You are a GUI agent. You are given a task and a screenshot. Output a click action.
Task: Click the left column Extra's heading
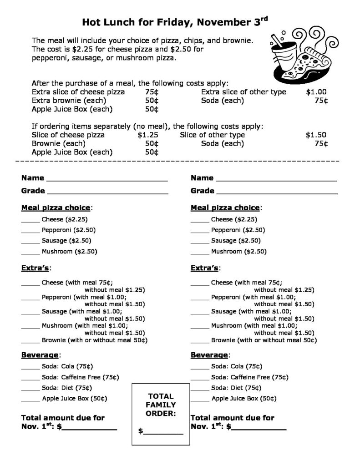tap(36, 268)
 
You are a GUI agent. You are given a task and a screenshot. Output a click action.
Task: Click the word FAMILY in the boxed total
tap(160, 405)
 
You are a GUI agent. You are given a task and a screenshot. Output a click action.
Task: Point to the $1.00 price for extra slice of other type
tap(316, 92)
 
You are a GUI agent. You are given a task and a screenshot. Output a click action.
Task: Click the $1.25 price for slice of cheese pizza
tap(148, 135)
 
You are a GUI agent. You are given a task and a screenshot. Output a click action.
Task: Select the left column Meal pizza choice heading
tap(56, 208)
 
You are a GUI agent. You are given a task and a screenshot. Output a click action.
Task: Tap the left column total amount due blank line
tap(89, 429)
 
